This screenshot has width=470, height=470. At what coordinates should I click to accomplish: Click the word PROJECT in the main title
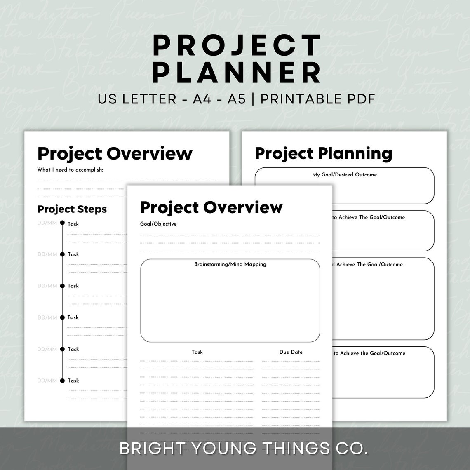click(x=237, y=45)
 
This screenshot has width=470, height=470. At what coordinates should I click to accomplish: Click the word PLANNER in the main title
click(x=238, y=73)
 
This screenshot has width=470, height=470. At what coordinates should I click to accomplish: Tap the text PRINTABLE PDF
click(x=317, y=99)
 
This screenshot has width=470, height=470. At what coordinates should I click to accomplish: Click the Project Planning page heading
click(x=323, y=153)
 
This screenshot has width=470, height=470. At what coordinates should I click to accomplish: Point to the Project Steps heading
click(x=72, y=209)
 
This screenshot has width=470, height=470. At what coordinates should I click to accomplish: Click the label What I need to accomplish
click(x=70, y=169)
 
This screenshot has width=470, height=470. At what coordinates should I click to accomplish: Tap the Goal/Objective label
click(x=158, y=224)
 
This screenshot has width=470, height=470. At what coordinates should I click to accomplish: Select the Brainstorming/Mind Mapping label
click(x=230, y=264)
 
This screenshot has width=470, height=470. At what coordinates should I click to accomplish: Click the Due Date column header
click(x=291, y=352)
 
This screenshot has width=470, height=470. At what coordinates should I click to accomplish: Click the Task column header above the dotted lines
click(x=197, y=352)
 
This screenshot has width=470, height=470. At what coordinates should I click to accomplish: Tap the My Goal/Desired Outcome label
click(x=344, y=175)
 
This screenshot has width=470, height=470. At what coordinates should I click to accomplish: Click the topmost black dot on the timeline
click(x=62, y=223)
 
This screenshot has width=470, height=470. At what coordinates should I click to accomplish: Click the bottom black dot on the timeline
click(x=62, y=381)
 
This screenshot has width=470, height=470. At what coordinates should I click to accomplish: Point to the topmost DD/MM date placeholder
click(x=47, y=223)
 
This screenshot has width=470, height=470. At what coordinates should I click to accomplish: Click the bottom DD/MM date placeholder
click(x=47, y=381)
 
